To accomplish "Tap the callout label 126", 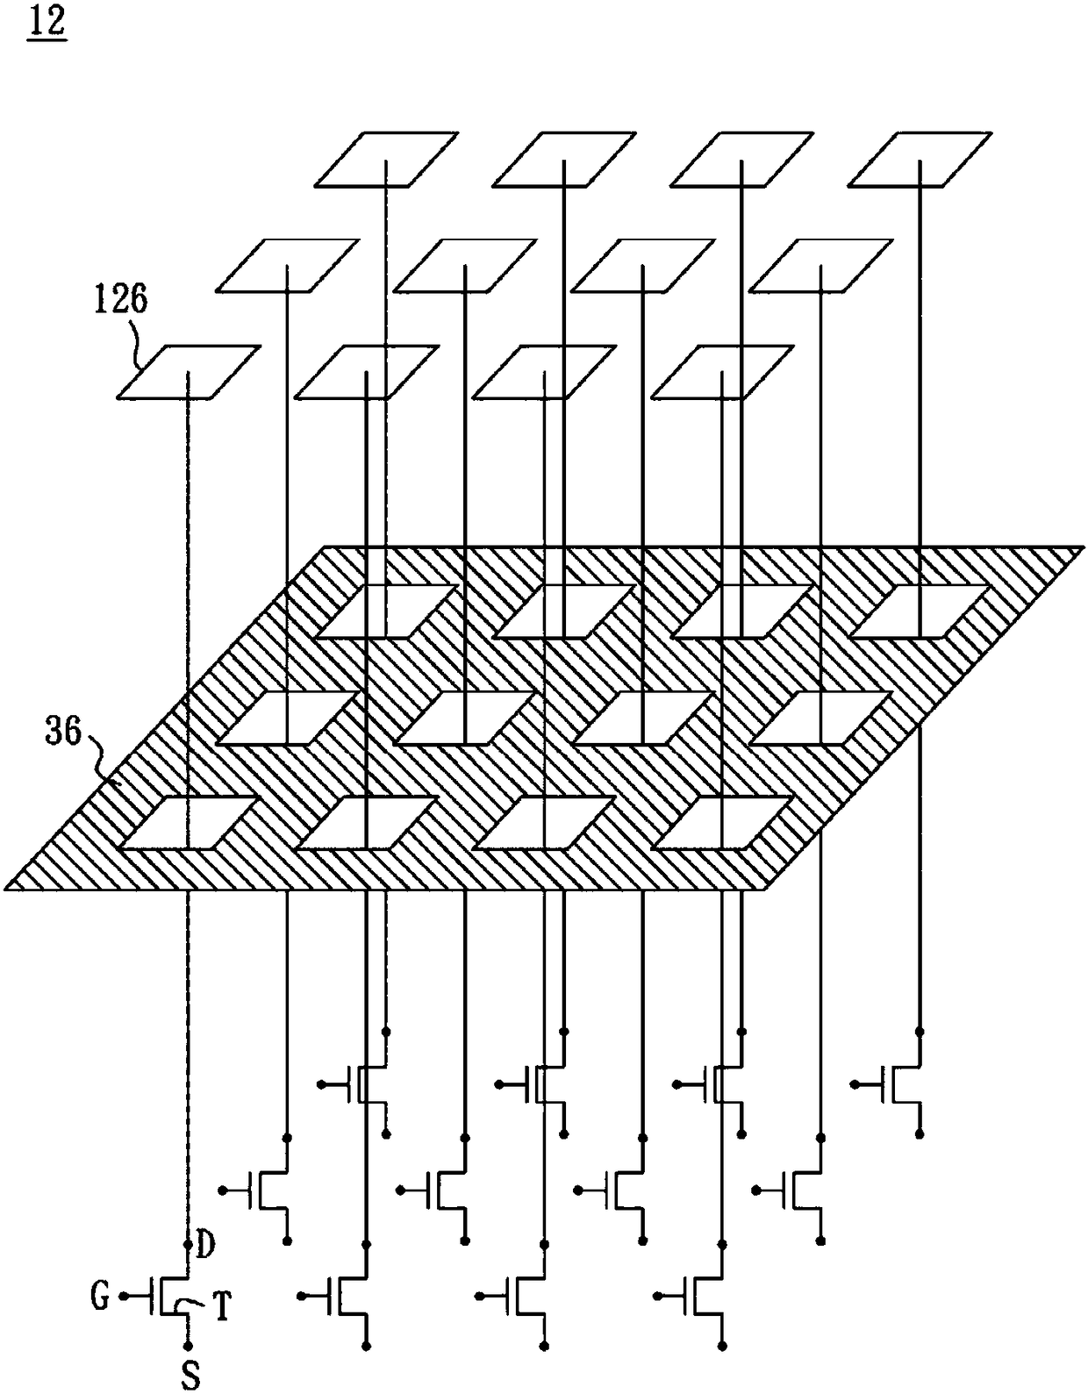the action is (121, 299).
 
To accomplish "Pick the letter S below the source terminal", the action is (190, 1376).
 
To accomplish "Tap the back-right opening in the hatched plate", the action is (920, 611).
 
